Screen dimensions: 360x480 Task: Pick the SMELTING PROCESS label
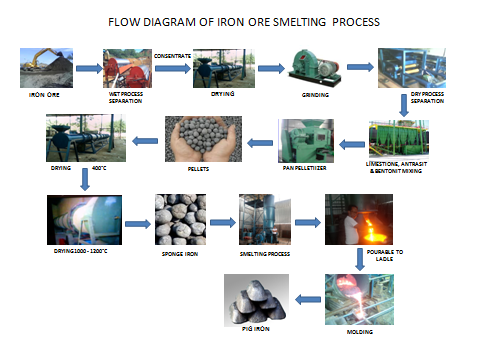264,255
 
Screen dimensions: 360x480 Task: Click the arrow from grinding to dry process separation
361,68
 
